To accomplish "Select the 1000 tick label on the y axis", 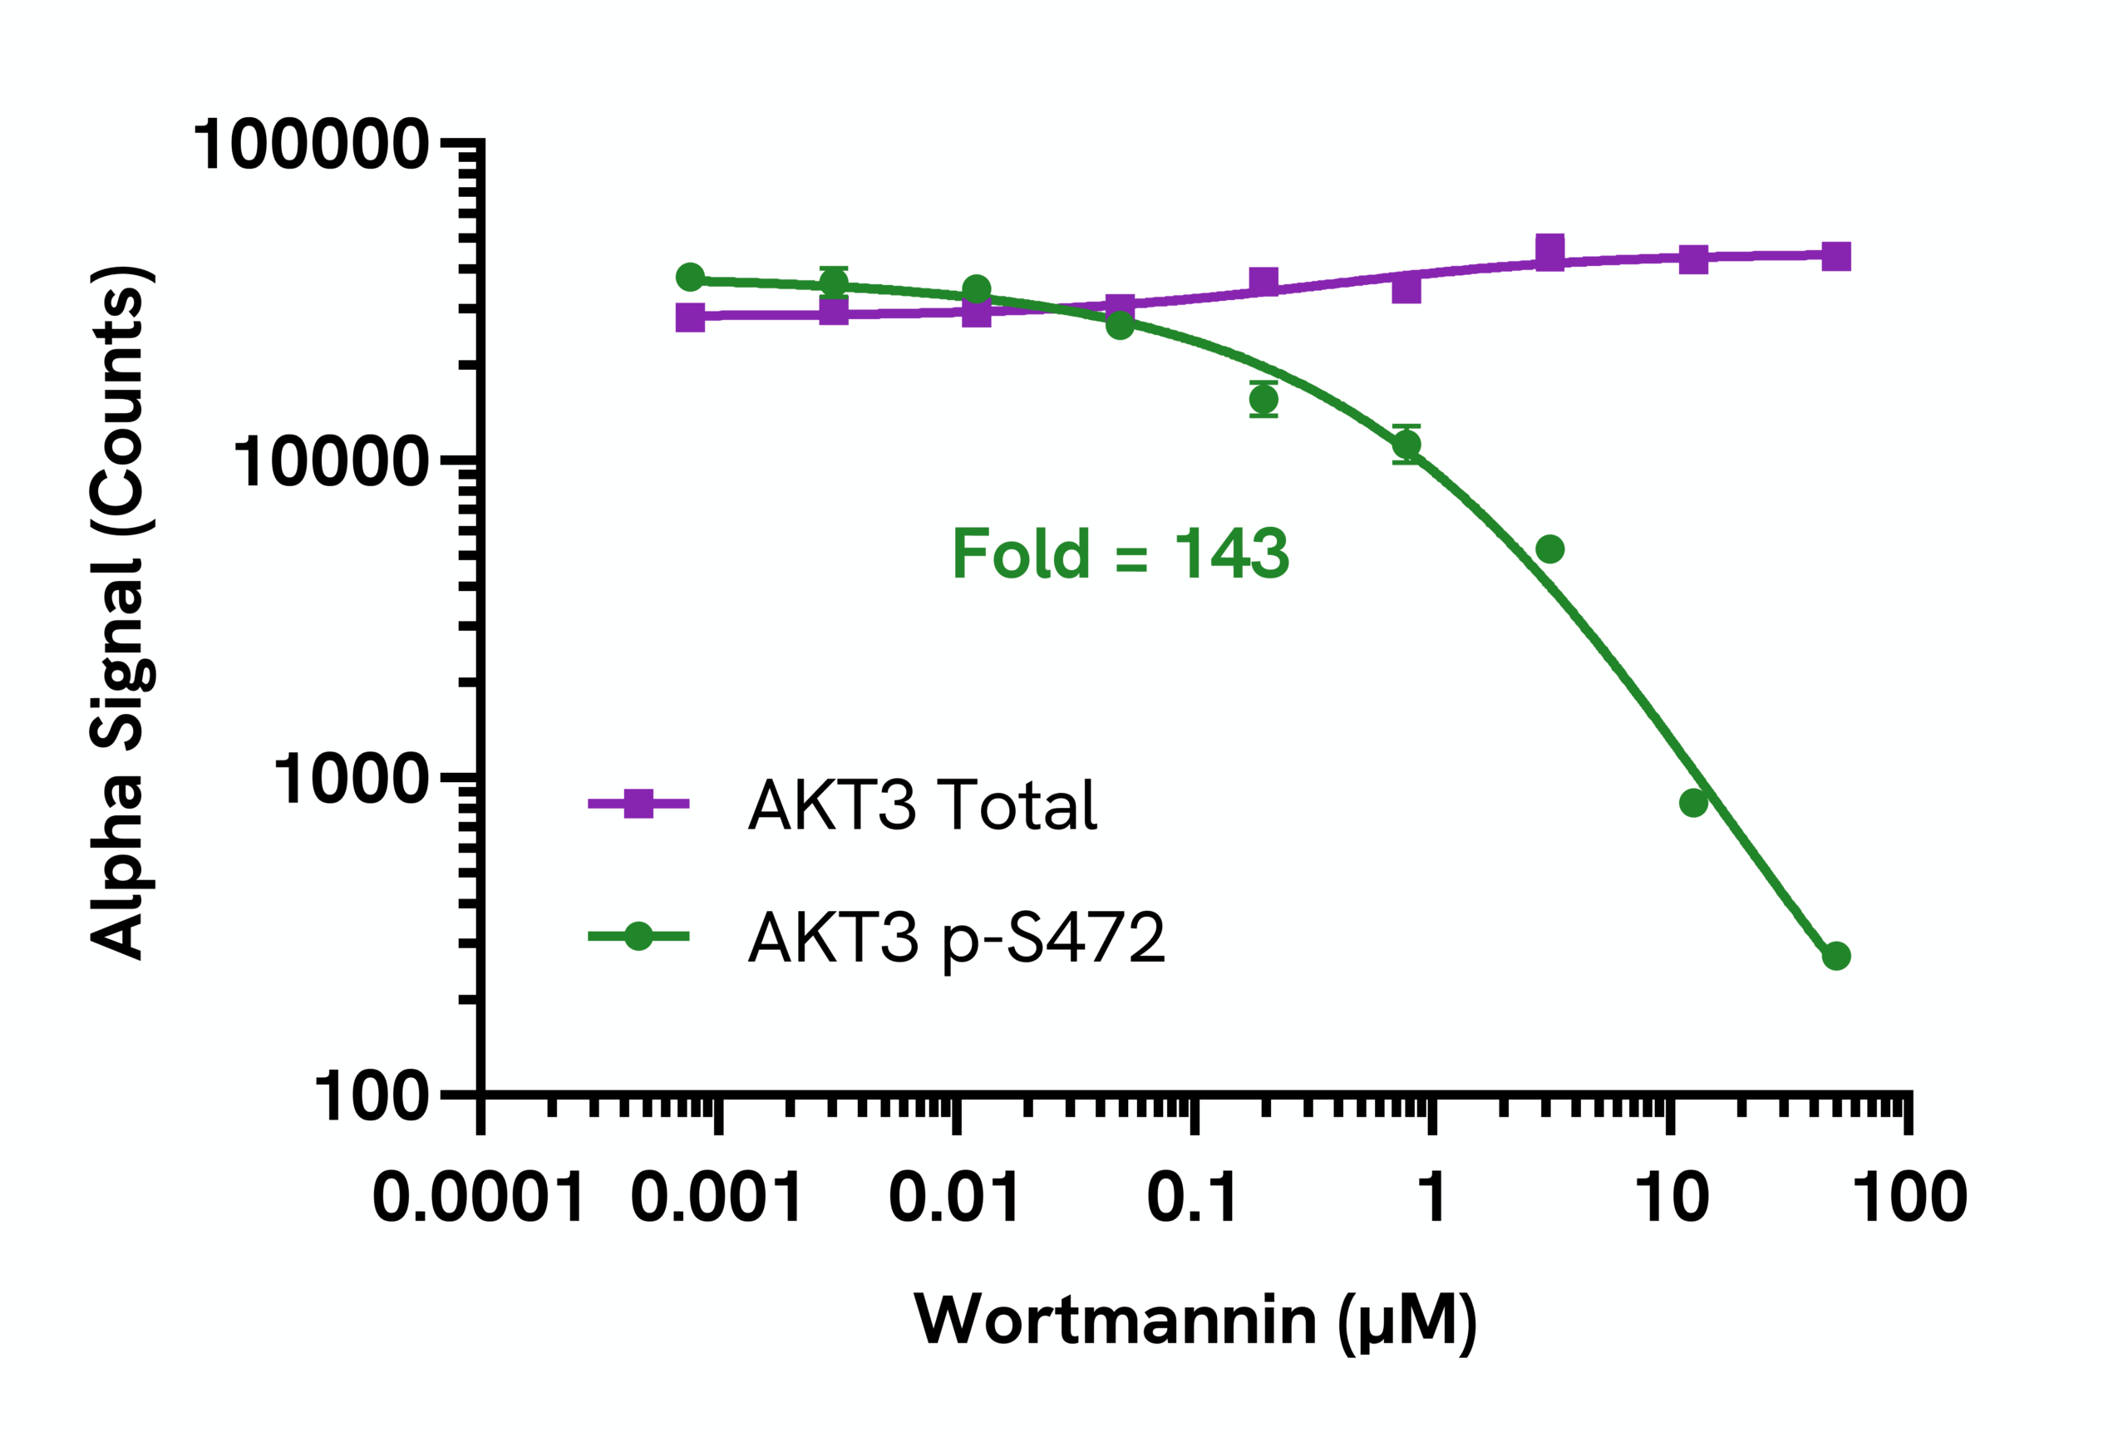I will click(351, 779).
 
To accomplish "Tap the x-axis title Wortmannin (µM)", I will click(1195, 1320).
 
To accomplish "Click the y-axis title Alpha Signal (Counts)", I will click(121, 612).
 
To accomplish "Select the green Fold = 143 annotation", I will click(1121, 554).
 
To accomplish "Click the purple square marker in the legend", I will click(638, 804).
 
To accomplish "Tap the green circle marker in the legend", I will click(638, 936).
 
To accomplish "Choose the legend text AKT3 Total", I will click(923, 805).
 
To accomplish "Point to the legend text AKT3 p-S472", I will click(956, 937).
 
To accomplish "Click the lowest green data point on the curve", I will click(1835, 956).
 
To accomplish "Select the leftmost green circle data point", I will click(691, 278).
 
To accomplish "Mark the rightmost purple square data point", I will click(1835, 257).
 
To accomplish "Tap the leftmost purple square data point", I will click(691, 317).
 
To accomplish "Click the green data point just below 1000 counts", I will click(1693, 803).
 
